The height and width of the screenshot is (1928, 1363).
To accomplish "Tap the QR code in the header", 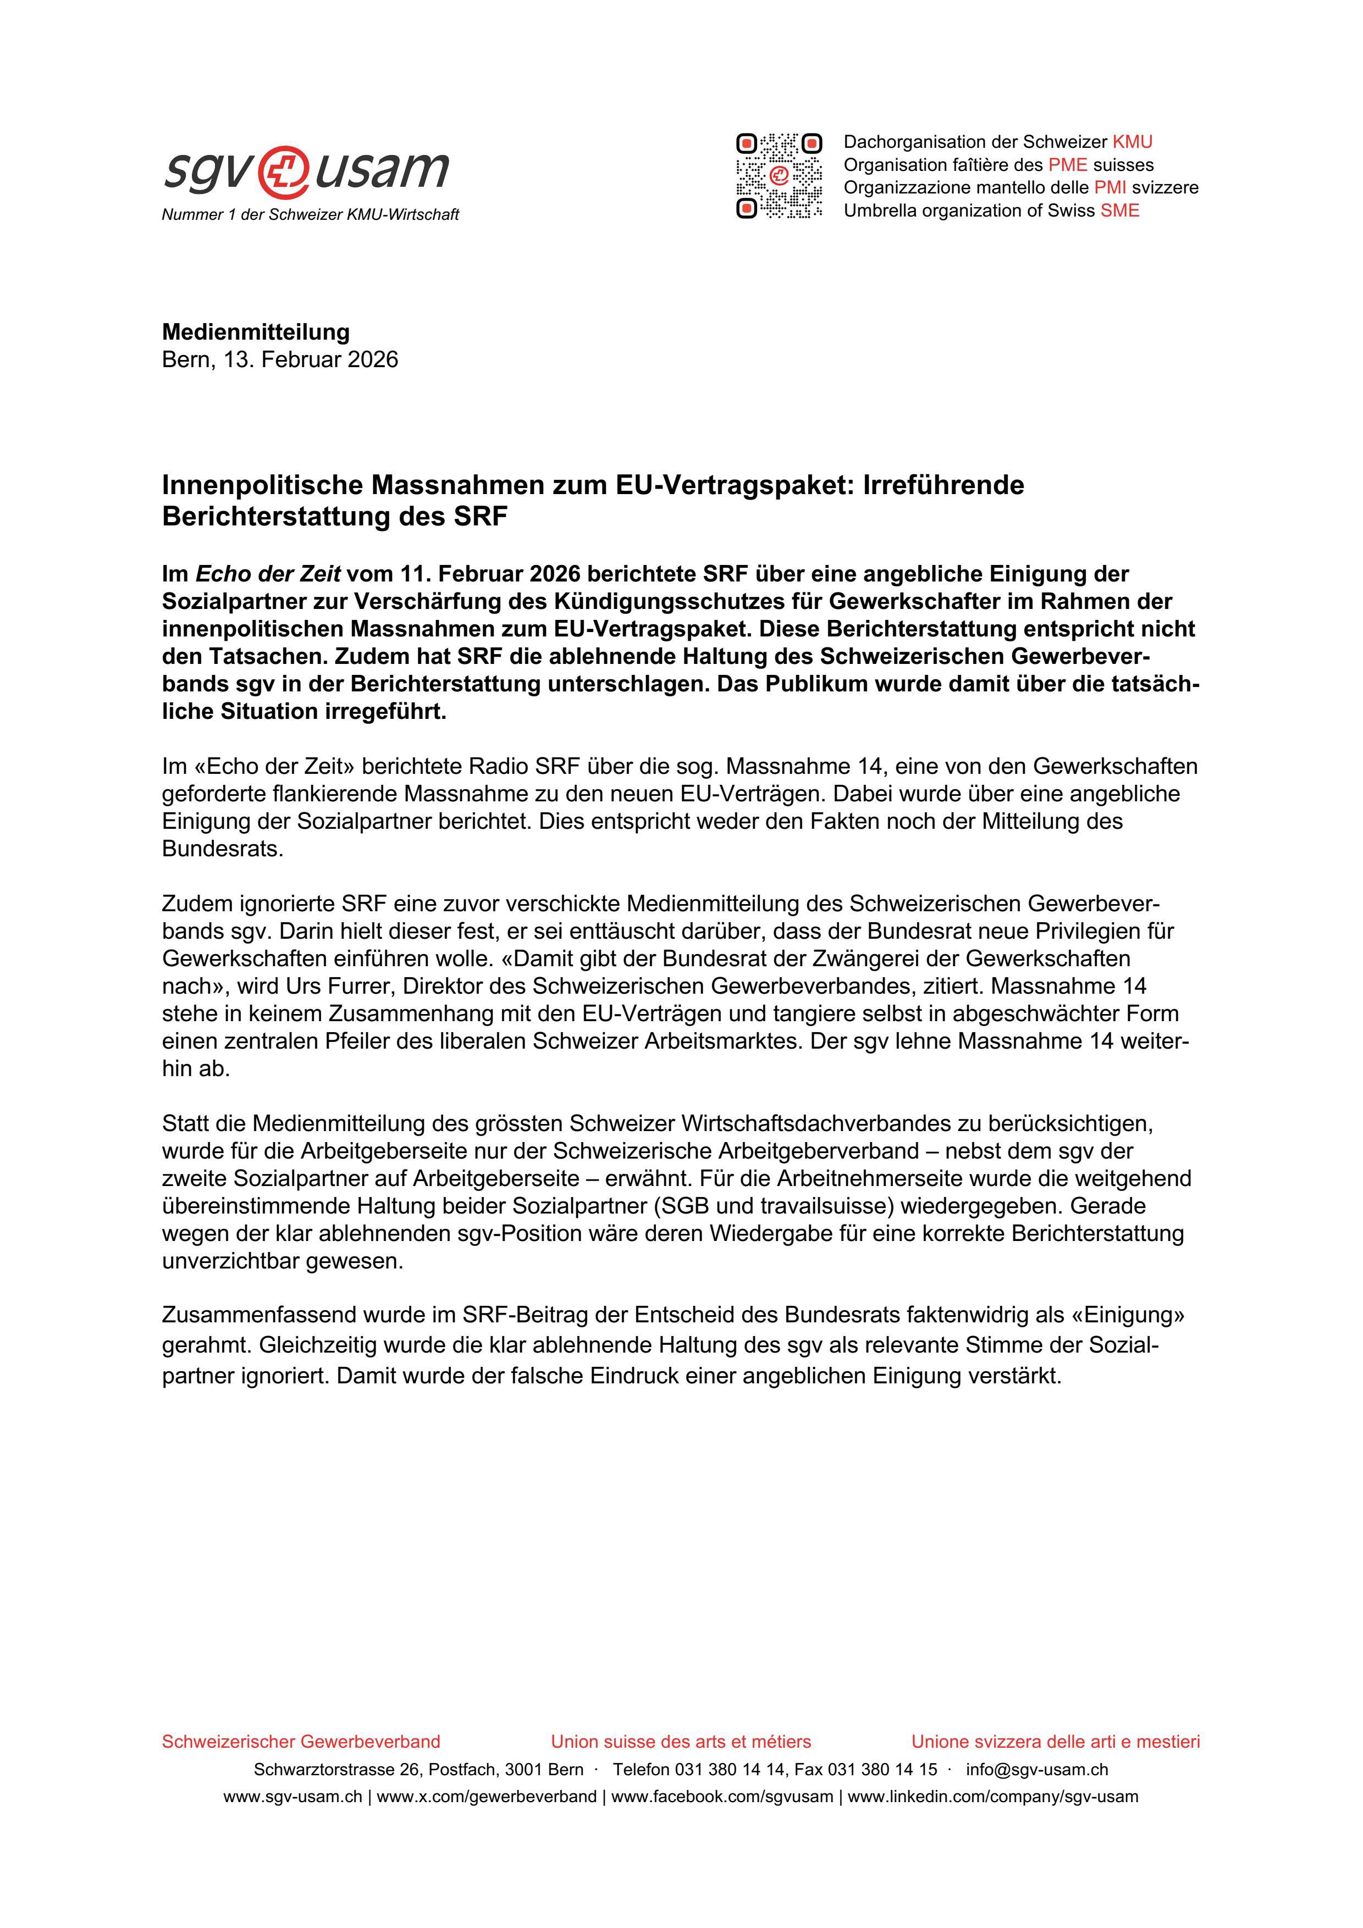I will (779, 175).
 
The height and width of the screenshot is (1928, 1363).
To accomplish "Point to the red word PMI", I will (1110, 187).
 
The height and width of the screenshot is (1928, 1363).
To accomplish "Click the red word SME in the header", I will (1121, 210).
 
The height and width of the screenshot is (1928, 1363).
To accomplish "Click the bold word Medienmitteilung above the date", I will (256, 332).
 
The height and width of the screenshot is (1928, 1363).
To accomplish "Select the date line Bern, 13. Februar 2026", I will (280, 359).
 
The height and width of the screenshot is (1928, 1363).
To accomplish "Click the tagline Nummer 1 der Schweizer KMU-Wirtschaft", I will (310, 215).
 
